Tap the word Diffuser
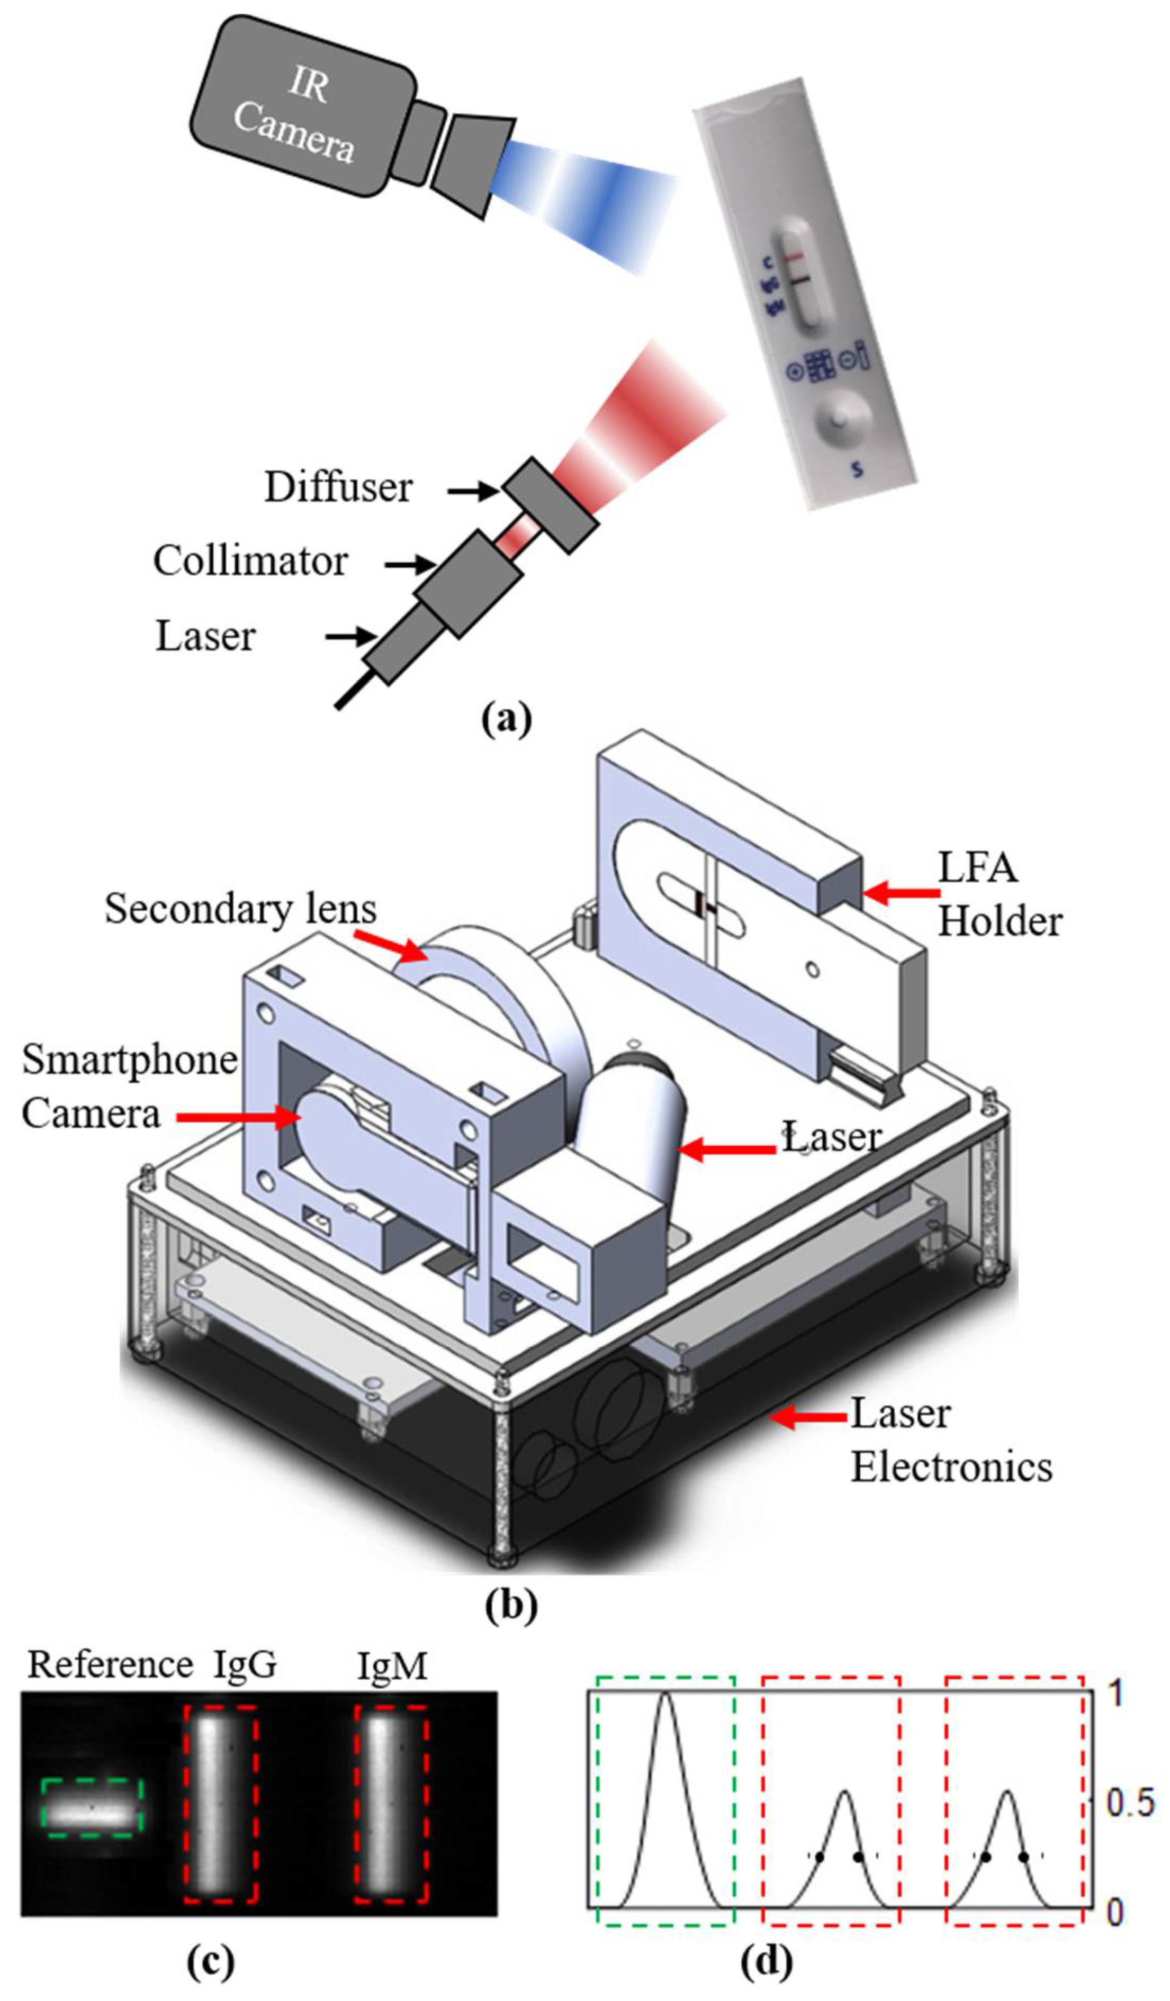click(338, 487)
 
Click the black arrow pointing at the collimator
click(410, 565)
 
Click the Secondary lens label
click(240, 908)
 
